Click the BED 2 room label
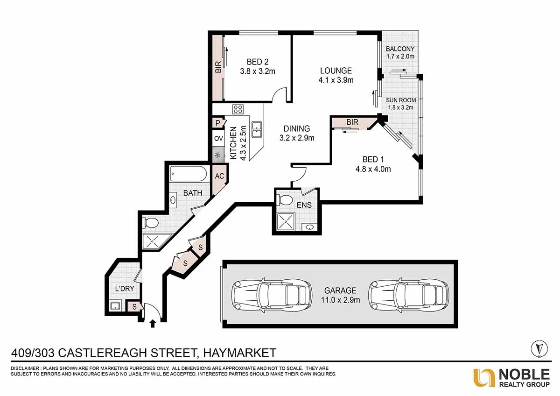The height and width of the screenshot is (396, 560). pos(258,62)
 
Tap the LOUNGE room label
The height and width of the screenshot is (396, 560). pos(336,71)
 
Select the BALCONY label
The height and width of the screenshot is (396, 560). pos(400,49)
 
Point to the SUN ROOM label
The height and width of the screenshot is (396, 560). pos(400,100)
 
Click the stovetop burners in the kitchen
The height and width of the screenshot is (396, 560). pos(238,110)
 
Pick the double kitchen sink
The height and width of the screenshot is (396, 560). pos(256,129)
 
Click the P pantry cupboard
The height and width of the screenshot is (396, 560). pos(218,123)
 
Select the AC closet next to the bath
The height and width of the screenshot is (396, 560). pos(219,177)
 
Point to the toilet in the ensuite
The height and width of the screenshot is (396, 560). pos(284,200)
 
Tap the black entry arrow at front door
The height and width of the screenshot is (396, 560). pos(152,323)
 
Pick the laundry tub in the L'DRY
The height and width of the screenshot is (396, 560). pos(115,306)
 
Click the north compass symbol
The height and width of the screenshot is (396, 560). pos(539,348)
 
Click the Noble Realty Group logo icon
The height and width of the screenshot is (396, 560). pos(484,377)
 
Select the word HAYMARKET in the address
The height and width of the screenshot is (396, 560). pos(238,353)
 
